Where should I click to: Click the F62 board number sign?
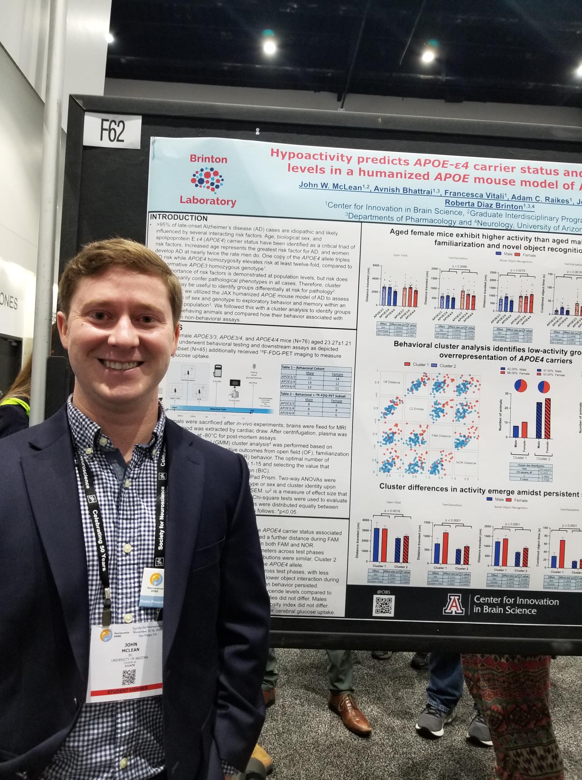coord(113,131)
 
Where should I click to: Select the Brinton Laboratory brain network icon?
coord(207,180)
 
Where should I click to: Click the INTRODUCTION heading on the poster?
coord(179,218)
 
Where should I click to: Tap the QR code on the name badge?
coord(129,677)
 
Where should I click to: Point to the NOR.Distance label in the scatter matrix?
coord(466,463)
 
